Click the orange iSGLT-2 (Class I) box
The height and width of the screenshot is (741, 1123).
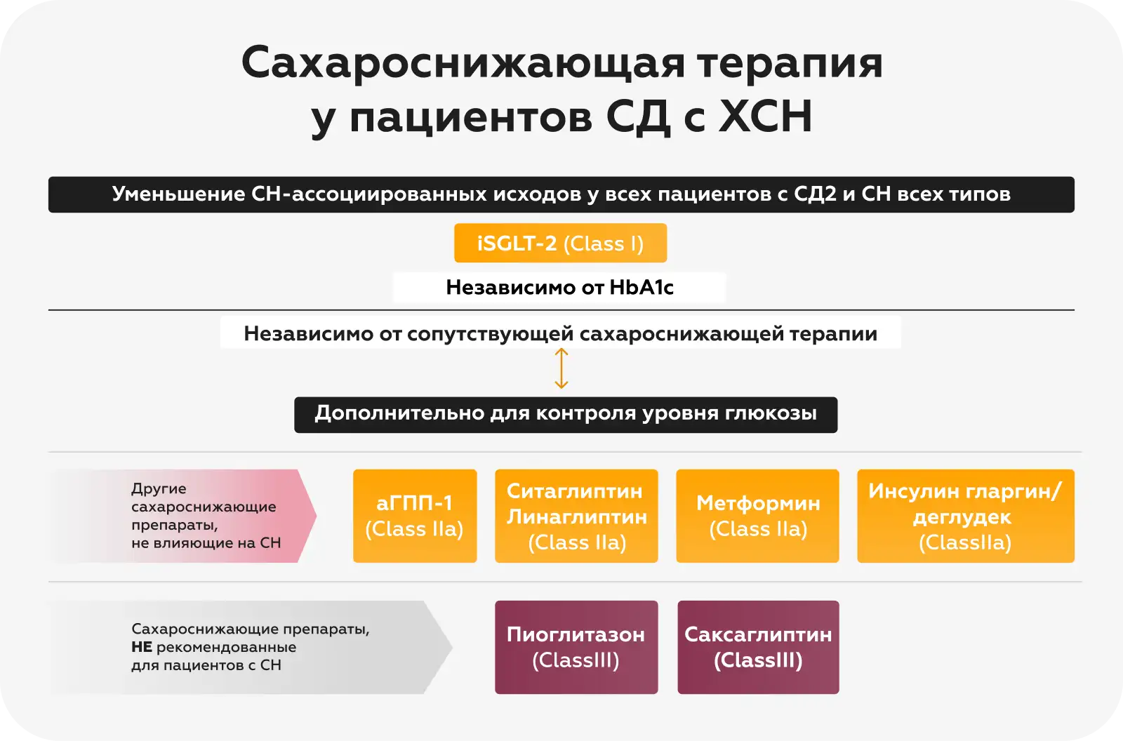click(x=561, y=243)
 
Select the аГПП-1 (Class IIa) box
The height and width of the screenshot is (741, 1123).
click(x=415, y=516)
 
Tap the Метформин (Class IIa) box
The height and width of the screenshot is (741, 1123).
click(x=757, y=516)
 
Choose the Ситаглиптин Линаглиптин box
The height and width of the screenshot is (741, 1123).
click(x=576, y=516)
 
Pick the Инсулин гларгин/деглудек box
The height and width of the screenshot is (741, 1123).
click(x=966, y=516)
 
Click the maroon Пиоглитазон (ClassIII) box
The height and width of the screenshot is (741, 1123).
click(x=576, y=647)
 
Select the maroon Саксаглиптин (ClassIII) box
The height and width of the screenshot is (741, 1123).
click(x=758, y=647)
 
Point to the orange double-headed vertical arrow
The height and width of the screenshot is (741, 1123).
click(x=561, y=368)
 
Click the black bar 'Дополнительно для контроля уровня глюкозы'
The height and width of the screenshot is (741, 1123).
click(x=566, y=415)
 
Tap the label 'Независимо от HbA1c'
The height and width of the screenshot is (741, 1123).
click(x=559, y=288)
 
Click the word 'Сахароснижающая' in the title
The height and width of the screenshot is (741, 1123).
click(x=463, y=64)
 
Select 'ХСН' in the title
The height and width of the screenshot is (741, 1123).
click(x=766, y=116)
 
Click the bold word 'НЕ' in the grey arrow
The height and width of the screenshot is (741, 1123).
click(x=142, y=647)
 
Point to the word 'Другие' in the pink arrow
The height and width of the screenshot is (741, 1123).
click(x=159, y=489)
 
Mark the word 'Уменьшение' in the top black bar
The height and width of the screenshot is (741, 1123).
click(x=178, y=194)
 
